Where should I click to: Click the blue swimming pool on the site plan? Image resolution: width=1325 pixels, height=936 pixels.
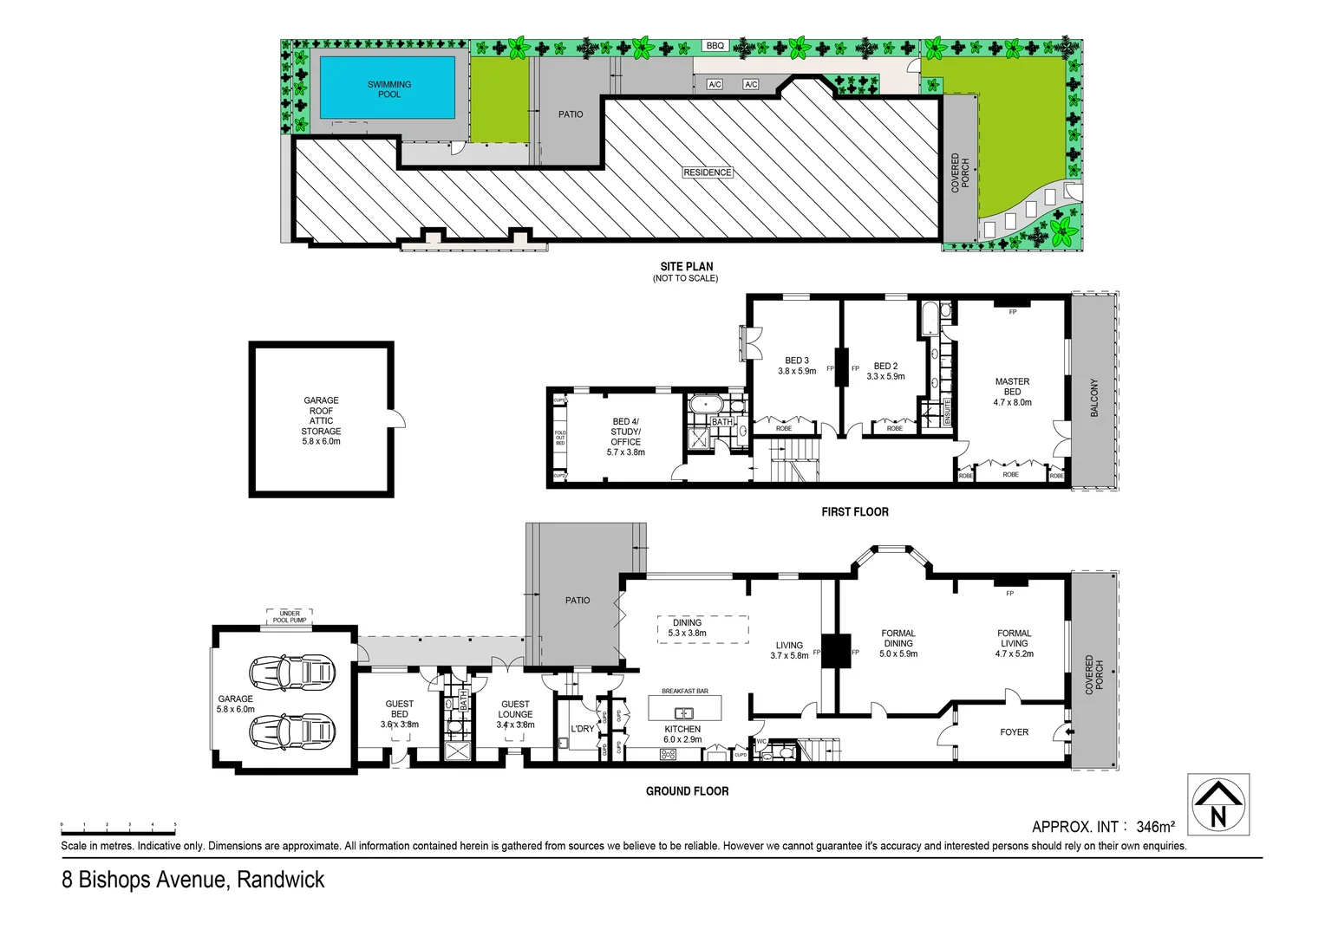point(388,88)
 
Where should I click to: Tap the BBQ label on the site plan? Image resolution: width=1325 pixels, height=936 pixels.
point(715,46)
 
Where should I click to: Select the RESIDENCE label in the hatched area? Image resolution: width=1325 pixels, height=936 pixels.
point(708,172)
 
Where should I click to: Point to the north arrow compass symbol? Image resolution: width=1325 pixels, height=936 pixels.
point(1217,804)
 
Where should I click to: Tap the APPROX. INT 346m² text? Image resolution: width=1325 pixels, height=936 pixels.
point(1103,827)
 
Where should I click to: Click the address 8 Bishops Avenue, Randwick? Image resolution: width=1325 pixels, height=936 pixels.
point(193,880)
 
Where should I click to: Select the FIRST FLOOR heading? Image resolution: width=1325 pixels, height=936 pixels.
point(854,512)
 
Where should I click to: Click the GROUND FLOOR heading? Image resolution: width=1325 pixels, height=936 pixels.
point(687,791)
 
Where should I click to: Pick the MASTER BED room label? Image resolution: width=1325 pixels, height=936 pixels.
point(1012,387)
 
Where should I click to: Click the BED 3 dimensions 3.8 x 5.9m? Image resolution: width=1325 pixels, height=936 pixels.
point(797,371)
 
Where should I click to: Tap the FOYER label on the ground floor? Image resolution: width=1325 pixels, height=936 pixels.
point(1014,732)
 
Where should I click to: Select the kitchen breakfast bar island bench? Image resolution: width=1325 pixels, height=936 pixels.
point(684,709)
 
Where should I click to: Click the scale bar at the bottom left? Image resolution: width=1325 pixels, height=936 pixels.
point(118,826)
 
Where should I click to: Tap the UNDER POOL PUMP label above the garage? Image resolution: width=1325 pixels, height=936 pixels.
point(290,616)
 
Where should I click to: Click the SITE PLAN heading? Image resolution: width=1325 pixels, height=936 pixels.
point(686,267)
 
